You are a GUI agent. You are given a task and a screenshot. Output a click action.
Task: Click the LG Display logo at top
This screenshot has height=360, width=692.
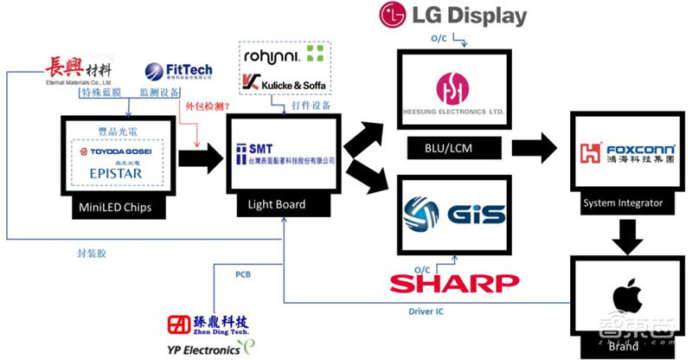[440, 16]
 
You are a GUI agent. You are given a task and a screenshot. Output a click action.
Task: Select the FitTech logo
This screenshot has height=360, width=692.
[174, 73]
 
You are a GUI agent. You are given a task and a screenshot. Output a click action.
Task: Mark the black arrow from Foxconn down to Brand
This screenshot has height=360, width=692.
[622, 232]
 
